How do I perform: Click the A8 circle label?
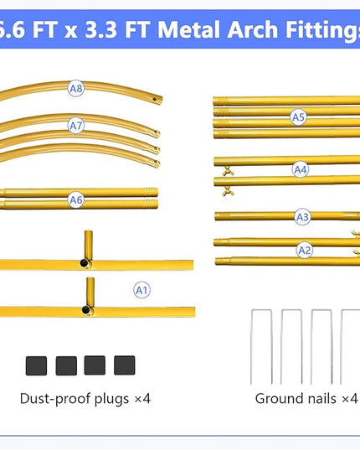pyautogui.click(x=76, y=88)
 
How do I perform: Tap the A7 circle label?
pyautogui.click(x=76, y=126)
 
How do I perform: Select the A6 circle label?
pyautogui.click(x=76, y=199)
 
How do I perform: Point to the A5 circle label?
pyautogui.click(x=298, y=117)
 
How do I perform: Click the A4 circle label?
pyautogui.click(x=301, y=169)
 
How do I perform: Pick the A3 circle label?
pyautogui.click(x=302, y=217)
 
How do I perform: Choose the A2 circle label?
pyautogui.click(x=305, y=250)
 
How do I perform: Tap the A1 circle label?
pyautogui.click(x=141, y=290)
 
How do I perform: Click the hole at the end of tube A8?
pyautogui.click(x=155, y=99)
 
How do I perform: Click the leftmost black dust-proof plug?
pyautogui.click(x=36, y=365)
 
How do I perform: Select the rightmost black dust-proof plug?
pyautogui.click(x=125, y=365)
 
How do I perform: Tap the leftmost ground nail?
pyautogui.click(x=261, y=347)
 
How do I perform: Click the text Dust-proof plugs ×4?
pyautogui.click(x=85, y=399)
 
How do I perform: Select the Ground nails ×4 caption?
pyautogui.click(x=306, y=399)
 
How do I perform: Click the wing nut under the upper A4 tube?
pyautogui.click(x=228, y=171)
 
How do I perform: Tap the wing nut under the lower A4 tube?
pyautogui.click(x=229, y=191)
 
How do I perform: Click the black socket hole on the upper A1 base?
pyautogui.click(x=85, y=262)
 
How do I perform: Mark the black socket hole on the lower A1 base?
pyautogui.click(x=86, y=310)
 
